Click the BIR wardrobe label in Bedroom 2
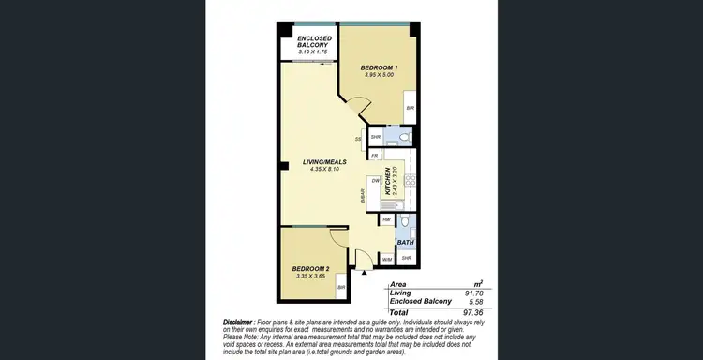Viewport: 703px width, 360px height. pyautogui.click(x=341, y=287)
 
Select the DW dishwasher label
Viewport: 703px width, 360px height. pyautogui.click(x=375, y=180)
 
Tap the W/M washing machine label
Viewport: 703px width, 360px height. pyautogui.click(x=387, y=258)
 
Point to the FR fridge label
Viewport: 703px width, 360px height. pyautogui.click(x=375, y=156)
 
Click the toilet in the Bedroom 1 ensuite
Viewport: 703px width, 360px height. pyautogui.click(x=402, y=138)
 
